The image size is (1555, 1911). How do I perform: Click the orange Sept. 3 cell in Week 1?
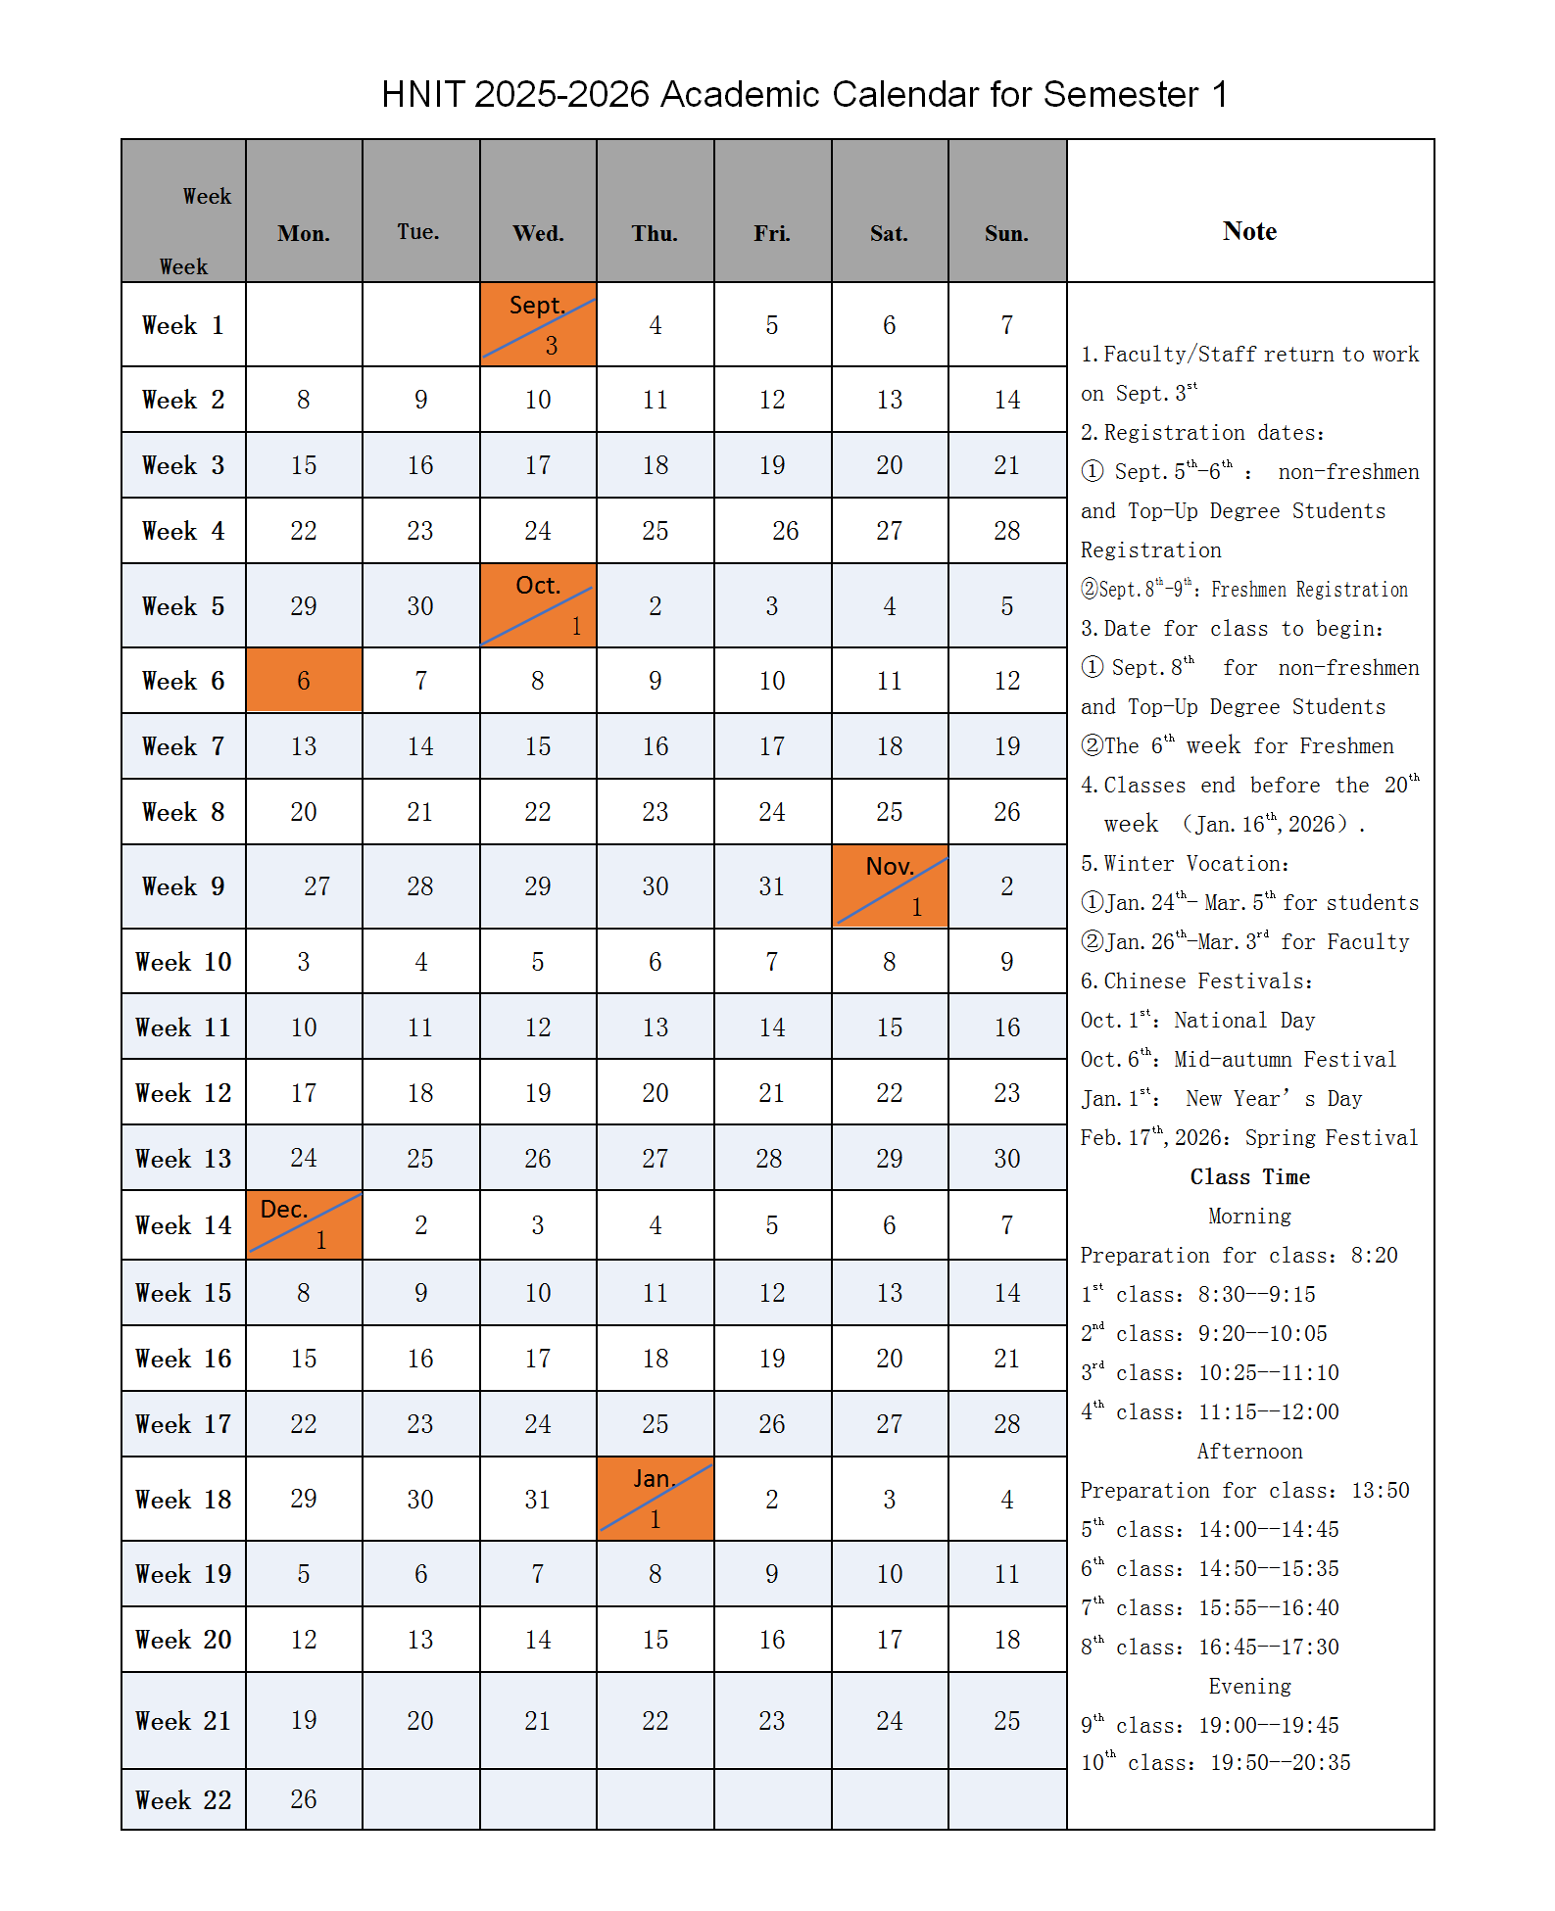coord(538,325)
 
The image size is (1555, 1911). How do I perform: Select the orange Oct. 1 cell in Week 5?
coord(538,605)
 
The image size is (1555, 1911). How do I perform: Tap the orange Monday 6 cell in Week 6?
coord(304,681)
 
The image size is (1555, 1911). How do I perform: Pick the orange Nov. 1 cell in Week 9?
coord(890,886)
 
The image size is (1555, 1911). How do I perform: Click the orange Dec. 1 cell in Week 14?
coord(304,1225)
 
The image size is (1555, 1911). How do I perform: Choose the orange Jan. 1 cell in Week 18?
coord(656,1499)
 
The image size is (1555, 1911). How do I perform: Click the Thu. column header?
coord(655,234)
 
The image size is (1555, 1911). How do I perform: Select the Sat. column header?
coord(889,234)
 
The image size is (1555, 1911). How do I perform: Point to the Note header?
coord(1249,231)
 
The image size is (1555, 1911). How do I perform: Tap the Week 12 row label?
coord(183,1093)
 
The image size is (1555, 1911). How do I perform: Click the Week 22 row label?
coord(183,1800)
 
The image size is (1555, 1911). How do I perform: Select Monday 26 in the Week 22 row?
coord(304,1799)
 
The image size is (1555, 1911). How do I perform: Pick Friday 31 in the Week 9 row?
coord(772,886)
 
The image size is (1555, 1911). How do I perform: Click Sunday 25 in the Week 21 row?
coord(1007,1721)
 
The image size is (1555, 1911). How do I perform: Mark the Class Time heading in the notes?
coord(1249,1177)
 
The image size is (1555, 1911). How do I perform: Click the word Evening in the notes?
coord(1249,1687)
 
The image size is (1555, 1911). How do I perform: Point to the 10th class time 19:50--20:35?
coord(1280,1763)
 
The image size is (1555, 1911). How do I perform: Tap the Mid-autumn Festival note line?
coord(1239,1060)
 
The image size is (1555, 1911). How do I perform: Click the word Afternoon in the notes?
coord(1249,1452)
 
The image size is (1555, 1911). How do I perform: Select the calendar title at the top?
coord(803,95)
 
